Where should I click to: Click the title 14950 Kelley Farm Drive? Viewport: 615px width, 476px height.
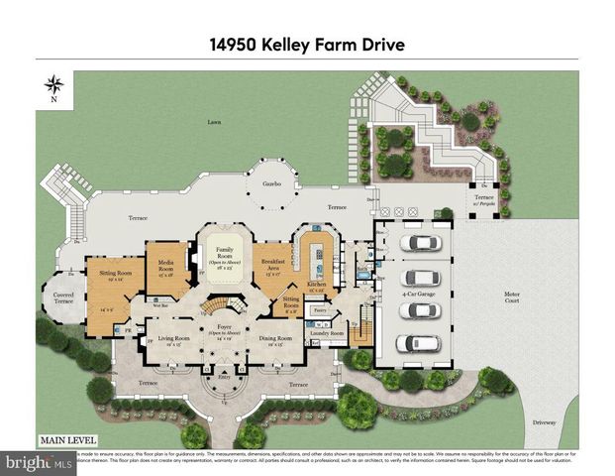click(x=307, y=46)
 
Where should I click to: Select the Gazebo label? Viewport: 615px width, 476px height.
click(x=272, y=184)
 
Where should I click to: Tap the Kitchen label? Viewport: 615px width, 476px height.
click(x=317, y=286)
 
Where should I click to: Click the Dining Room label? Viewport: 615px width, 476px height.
click(x=277, y=339)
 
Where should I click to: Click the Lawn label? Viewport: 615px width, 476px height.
click(x=214, y=123)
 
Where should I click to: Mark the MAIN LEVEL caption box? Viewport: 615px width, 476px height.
click(x=66, y=440)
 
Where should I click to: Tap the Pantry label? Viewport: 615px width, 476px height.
click(x=319, y=310)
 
